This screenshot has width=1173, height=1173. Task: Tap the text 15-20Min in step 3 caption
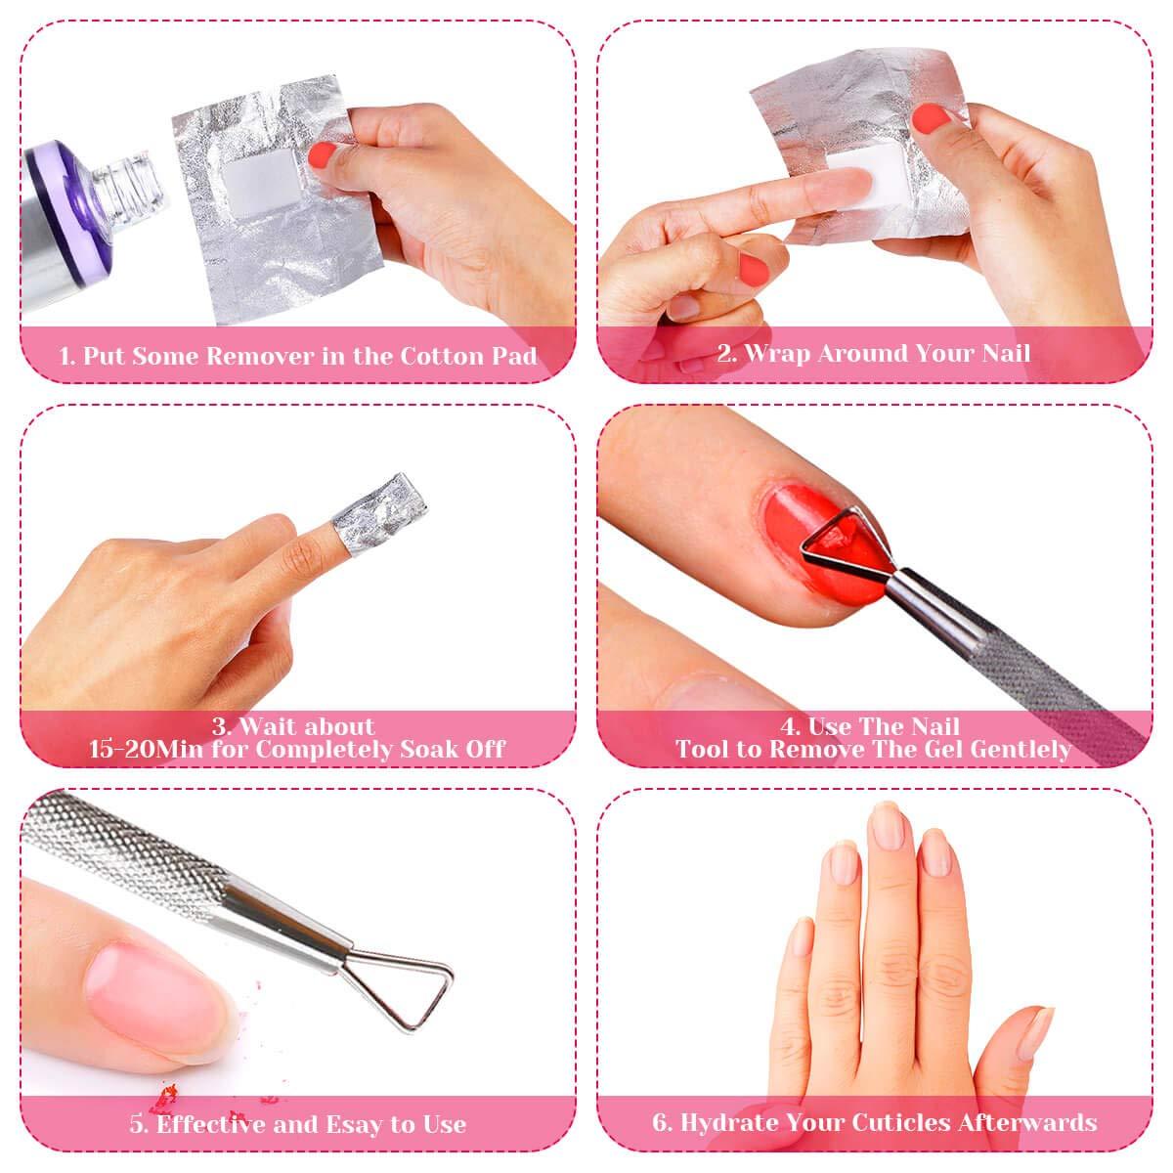coord(147,749)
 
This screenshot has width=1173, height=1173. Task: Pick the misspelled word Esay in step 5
coord(353,1124)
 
